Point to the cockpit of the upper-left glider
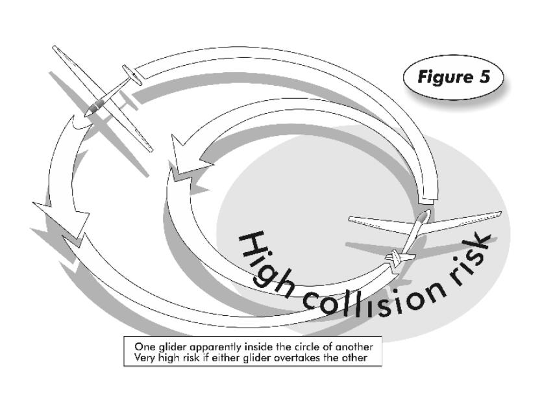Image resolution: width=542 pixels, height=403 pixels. pos(97,106)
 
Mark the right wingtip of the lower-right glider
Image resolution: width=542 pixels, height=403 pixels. pos(500,214)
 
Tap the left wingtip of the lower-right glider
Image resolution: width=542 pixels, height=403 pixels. pos(351,219)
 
